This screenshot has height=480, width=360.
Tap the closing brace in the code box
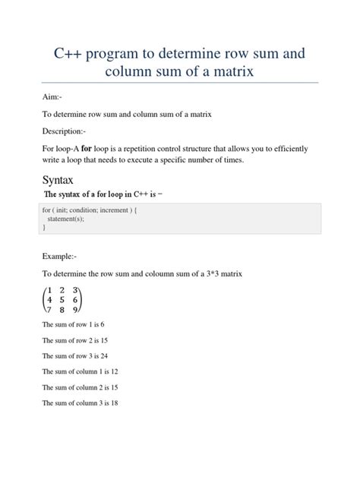click(44, 227)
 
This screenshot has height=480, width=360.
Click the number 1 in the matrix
click(49, 290)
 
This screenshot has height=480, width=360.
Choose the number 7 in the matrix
click(49, 311)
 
